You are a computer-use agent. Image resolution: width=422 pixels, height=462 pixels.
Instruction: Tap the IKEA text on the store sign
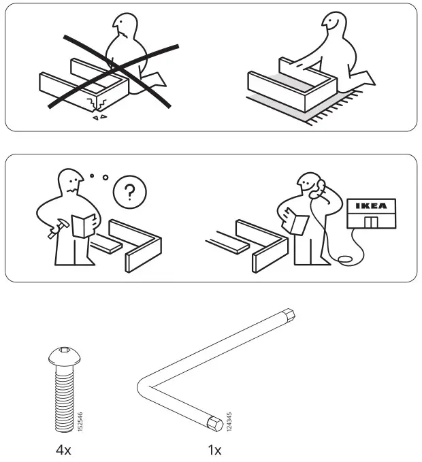pos(370,205)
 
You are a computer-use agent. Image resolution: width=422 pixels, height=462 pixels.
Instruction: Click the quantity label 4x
pos(63,450)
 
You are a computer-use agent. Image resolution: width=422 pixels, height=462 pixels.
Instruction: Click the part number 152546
pos(80,420)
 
